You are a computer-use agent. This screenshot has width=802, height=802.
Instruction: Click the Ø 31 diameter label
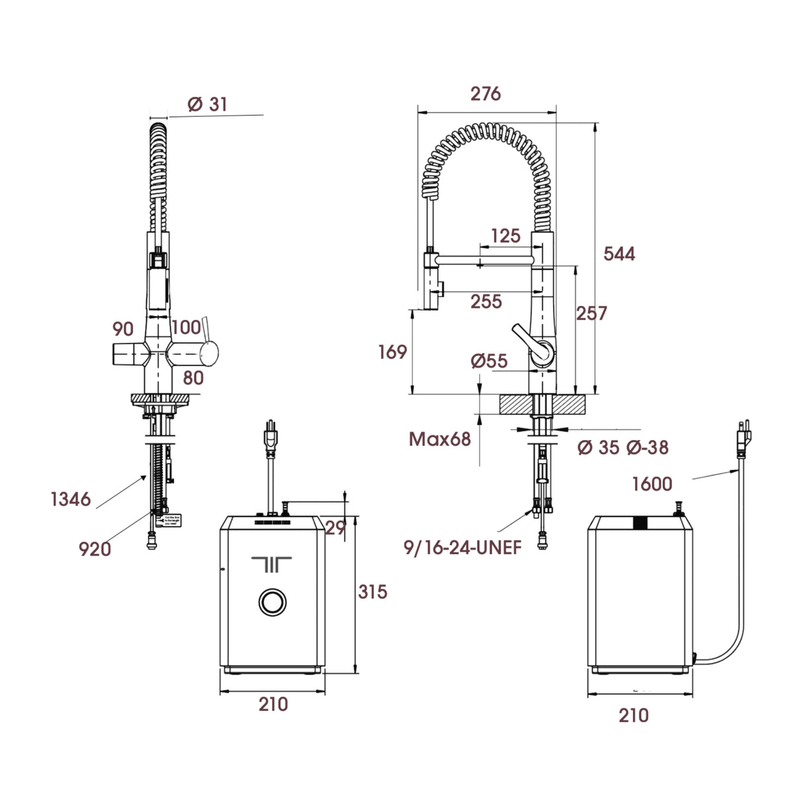pos(207,104)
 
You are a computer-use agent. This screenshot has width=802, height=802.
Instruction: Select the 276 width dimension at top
pos(486,94)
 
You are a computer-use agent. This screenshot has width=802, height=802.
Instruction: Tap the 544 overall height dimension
pos(619,254)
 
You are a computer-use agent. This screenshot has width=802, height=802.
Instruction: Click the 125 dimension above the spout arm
pos(505,236)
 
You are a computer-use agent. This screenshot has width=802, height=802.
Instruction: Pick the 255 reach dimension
pos(486,302)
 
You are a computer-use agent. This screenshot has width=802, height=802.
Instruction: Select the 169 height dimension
pos(392,352)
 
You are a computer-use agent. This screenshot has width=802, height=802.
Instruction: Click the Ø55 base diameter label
pos(489,361)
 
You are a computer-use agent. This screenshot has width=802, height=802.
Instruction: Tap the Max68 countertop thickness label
pos(439,439)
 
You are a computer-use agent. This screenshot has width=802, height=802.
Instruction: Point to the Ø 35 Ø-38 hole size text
pos(622,448)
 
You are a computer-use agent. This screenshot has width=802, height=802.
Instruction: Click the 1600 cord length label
pos(651,484)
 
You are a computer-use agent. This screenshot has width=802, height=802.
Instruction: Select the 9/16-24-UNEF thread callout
pos(463,548)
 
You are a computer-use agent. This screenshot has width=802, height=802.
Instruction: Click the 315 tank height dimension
pos(373,591)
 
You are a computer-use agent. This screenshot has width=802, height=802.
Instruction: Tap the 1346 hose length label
pos(71,499)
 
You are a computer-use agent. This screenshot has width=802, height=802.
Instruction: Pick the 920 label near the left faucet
pos(94,549)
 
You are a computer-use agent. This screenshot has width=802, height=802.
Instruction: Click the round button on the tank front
pos(271,602)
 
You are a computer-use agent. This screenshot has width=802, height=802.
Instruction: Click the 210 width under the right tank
pos(634,715)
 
